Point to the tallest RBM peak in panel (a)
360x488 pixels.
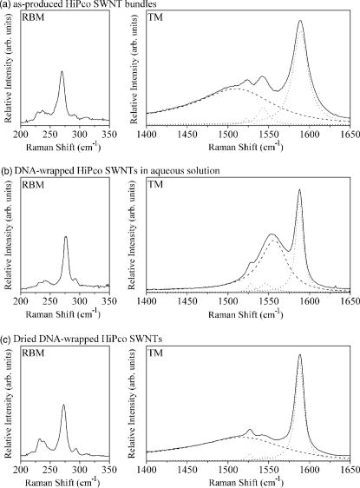(x=62, y=72)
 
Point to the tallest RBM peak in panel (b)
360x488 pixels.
(x=66, y=237)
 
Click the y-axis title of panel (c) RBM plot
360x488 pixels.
(x=8, y=402)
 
